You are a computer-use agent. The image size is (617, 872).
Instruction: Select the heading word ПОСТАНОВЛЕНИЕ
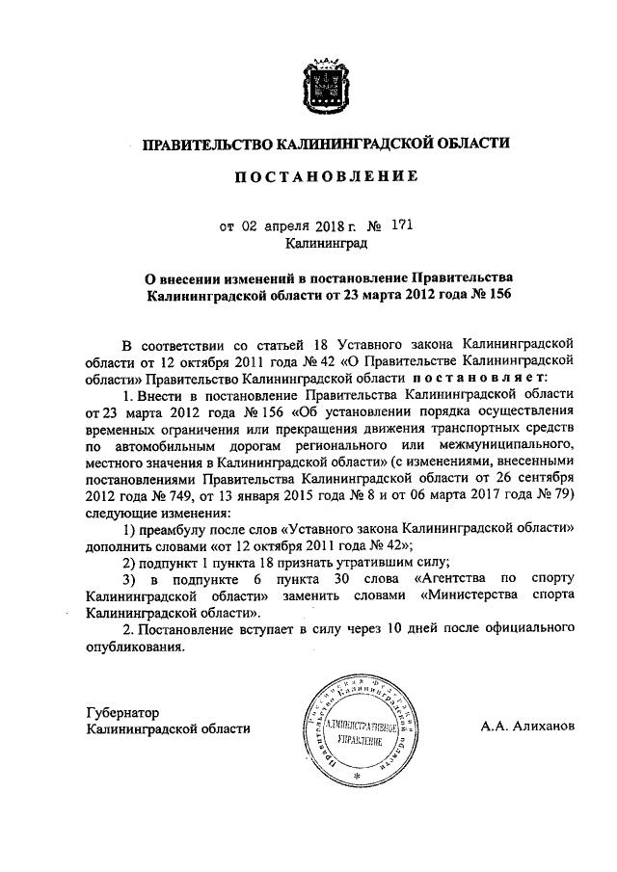click(323, 177)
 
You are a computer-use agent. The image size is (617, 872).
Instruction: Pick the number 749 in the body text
click(174, 496)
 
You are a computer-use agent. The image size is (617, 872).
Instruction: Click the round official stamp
click(359, 729)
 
